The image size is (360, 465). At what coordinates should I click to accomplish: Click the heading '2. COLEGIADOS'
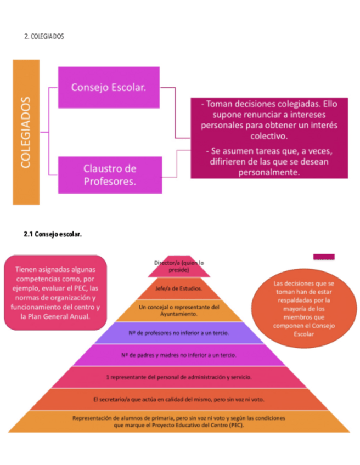(x=44, y=37)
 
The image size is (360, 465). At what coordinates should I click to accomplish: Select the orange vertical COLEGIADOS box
(x=26, y=132)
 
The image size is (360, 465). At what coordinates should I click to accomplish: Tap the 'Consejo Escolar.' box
(x=108, y=87)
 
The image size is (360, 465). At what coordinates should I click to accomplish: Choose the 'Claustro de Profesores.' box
(x=110, y=174)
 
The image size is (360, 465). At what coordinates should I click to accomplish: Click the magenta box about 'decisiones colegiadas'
(x=269, y=138)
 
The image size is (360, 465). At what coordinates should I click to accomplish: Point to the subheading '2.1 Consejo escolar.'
(x=53, y=234)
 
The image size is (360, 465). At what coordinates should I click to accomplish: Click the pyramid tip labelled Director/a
(x=179, y=266)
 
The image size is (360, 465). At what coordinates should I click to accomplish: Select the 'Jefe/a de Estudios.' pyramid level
(x=179, y=288)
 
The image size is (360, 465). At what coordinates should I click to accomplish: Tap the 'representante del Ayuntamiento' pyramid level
(x=179, y=310)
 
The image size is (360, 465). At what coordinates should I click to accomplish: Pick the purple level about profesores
(x=179, y=333)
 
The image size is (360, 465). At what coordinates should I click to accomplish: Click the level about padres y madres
(x=179, y=355)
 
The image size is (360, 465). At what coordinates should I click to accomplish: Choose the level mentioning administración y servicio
(x=179, y=377)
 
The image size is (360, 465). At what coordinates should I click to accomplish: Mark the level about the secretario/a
(x=179, y=399)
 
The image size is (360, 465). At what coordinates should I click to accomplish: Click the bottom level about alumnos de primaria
(x=179, y=421)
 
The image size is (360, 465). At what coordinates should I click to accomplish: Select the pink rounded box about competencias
(x=55, y=292)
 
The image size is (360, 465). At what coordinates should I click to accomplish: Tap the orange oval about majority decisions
(x=303, y=308)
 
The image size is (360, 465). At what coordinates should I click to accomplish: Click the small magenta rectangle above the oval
(x=324, y=257)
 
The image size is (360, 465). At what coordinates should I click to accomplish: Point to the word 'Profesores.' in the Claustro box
(x=110, y=182)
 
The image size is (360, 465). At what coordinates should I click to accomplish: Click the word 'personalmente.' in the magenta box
(x=269, y=172)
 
